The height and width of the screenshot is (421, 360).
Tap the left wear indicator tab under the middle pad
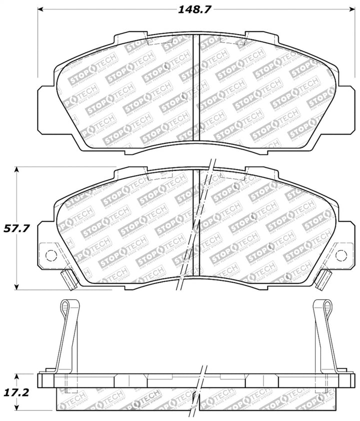point(68,278)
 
